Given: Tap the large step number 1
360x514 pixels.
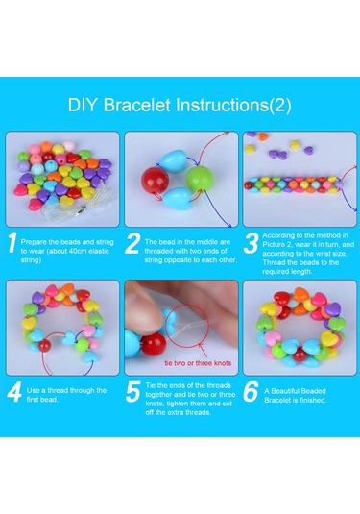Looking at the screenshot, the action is [12, 242].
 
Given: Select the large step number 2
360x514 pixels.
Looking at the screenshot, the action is [132, 243].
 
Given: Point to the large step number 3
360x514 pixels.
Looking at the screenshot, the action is [251, 243].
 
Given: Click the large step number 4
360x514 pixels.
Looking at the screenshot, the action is [14, 391].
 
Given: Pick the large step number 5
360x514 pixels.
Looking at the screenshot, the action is [133, 391].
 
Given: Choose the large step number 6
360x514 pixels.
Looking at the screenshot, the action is [251, 391].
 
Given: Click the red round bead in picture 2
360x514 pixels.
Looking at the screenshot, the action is [155, 180].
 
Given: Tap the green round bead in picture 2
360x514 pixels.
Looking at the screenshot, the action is [200, 179].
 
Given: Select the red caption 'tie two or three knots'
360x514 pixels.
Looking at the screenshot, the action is [198, 363].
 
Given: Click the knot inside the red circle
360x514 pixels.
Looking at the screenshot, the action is [185, 326].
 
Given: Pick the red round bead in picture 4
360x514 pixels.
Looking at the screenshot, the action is [44, 346].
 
